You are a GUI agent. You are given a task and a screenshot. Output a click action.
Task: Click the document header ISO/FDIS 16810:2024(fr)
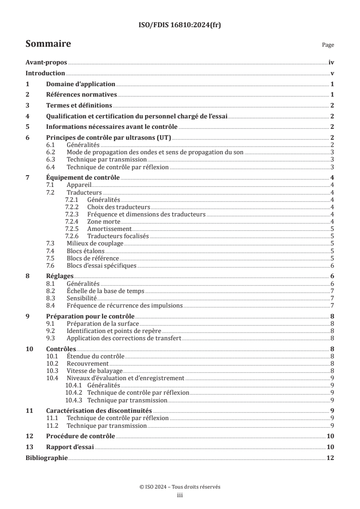point(180,25)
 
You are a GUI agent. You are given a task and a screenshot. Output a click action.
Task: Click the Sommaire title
point(48,44)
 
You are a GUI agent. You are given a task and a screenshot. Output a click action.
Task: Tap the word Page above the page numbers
point(328,45)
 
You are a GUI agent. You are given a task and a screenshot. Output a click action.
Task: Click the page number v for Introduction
point(332,73)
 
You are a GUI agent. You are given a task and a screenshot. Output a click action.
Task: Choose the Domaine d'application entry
point(80,84)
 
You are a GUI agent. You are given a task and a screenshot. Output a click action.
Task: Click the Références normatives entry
point(82,95)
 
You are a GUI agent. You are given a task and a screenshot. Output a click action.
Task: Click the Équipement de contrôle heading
point(83,178)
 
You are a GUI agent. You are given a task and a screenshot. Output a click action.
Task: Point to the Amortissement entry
point(109,229)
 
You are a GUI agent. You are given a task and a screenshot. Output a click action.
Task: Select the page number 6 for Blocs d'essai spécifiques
point(332,265)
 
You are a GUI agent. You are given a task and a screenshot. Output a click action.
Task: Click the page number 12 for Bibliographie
point(330,458)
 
